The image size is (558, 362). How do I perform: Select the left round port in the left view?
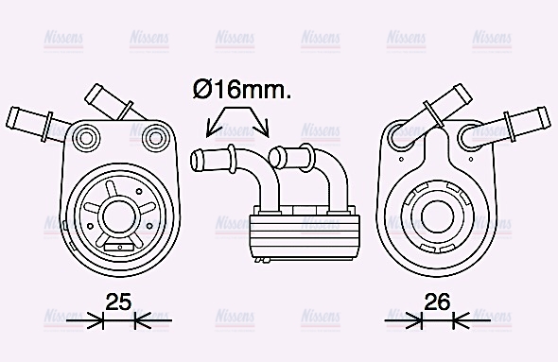click(86, 138)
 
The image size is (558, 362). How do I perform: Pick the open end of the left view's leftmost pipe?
click(13, 118)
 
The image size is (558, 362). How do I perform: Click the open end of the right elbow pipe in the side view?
click(275, 153)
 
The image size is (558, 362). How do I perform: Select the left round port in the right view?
click(403, 138)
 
